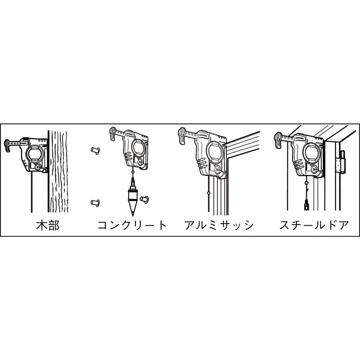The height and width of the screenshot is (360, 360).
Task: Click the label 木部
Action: tap(48, 225)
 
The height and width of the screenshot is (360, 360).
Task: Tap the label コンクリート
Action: tap(132, 225)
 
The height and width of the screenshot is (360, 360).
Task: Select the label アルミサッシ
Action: tap(219, 225)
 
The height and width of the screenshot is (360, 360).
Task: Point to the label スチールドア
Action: tap(314, 225)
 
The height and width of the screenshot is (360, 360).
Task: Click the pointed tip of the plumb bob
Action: tap(132, 216)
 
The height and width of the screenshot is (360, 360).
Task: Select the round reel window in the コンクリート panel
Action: tap(139, 147)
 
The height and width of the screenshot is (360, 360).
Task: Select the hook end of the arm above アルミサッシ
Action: tap(181, 136)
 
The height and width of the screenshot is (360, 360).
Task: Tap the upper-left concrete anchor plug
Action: tap(95, 151)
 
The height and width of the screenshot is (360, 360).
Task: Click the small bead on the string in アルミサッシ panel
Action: tap(208, 193)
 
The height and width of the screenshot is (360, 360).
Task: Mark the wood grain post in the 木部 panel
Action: tap(58, 171)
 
